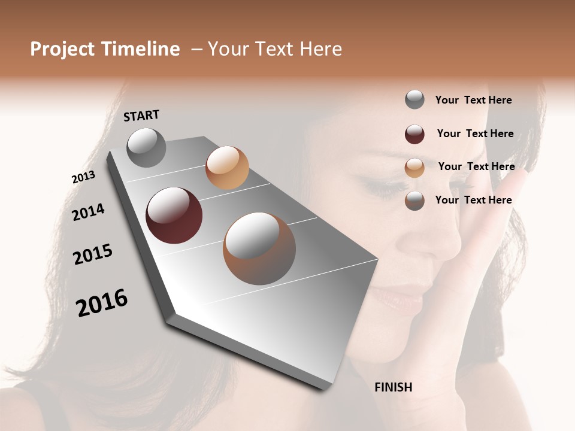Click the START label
point(141,116)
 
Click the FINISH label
point(393,387)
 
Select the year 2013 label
point(83,177)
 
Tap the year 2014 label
point(88,212)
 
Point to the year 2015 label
point(93,254)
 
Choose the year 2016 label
point(102,303)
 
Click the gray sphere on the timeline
point(147,147)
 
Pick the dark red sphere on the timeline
point(174,215)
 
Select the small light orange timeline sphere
point(227,168)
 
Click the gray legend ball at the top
point(414,100)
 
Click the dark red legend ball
point(414,134)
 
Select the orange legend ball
point(414,168)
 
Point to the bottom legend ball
point(414,201)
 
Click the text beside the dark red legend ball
point(475,133)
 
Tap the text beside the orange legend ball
point(476,166)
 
